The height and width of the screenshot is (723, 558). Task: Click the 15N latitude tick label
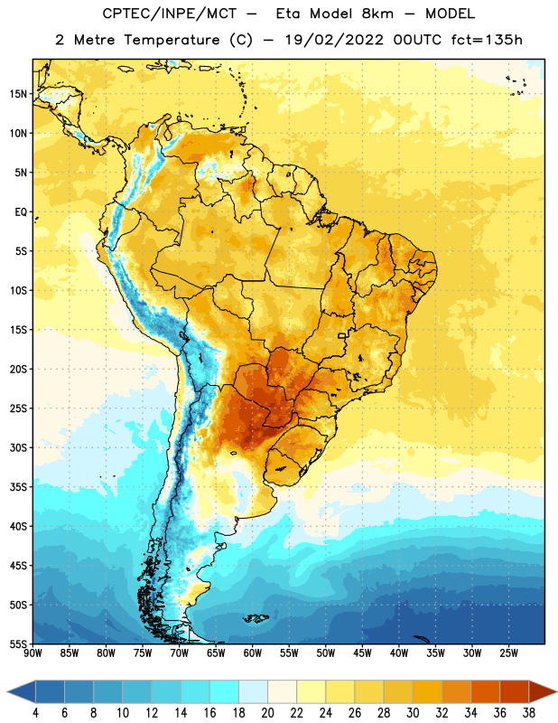tap(18, 94)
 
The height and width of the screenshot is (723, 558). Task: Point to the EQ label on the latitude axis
tap(21, 212)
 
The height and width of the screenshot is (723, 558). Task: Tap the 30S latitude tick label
tap(18, 447)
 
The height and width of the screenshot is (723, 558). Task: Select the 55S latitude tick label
tap(18, 643)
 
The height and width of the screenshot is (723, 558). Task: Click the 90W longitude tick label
tap(33, 653)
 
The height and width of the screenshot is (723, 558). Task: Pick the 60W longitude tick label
tap(253, 653)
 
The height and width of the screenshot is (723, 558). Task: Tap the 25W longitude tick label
tap(508, 653)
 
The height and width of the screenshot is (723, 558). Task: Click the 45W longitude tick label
tap(362, 653)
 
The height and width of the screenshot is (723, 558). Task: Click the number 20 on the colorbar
tap(267, 713)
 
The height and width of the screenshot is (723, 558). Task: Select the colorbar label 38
tap(529, 713)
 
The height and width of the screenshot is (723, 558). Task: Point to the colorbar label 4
tap(35, 713)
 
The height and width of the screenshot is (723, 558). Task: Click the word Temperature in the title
tap(172, 40)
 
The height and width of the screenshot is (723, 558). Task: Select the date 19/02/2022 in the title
tap(334, 40)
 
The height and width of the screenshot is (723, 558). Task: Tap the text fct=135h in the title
tap(487, 40)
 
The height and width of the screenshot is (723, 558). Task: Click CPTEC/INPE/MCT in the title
tap(169, 14)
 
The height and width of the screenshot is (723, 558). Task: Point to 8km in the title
tap(377, 14)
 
